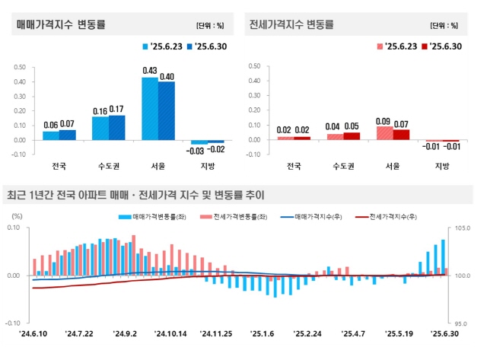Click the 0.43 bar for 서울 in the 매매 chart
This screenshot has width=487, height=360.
tap(150, 109)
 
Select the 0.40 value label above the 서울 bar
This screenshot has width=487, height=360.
tap(167, 76)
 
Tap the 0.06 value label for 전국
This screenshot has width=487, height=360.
tap(51, 125)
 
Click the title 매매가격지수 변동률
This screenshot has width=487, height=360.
tap(61, 24)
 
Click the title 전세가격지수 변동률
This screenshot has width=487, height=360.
tap(291, 24)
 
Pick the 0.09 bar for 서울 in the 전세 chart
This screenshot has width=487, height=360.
tap(384, 133)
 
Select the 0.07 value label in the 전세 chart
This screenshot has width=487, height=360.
tap(400, 123)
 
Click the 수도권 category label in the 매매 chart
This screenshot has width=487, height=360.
tap(108, 166)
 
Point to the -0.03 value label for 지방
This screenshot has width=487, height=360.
tap(199, 150)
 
